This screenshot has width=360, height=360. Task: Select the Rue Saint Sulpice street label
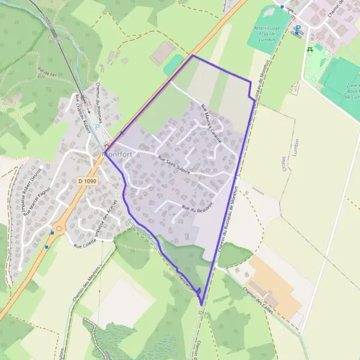173,165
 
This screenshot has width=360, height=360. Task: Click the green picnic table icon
310,50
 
